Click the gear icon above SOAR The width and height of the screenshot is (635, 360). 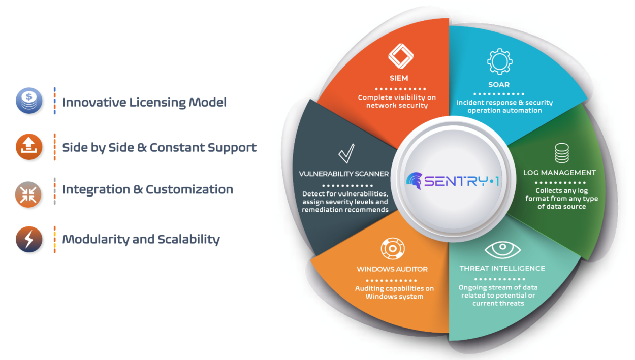pos(499,62)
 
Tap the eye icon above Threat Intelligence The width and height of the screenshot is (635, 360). pos(502,250)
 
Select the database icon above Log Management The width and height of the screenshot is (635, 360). pos(561,153)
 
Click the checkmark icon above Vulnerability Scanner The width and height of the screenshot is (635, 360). pos(346,153)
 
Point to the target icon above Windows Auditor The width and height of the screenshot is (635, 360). pos(392,249)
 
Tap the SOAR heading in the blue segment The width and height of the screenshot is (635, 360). pos(499,85)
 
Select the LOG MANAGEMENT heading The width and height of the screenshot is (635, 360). pos(560,173)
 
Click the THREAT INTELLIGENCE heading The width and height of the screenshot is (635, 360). pos(502,268)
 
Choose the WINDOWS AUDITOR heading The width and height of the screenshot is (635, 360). pos(392,269)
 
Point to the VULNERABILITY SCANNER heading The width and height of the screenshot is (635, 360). pos(344,174)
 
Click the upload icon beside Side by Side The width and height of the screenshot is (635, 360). pos(29,147)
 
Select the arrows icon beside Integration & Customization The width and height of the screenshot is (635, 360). pos(29,194)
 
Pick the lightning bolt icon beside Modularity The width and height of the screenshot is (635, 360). pos(29,239)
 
